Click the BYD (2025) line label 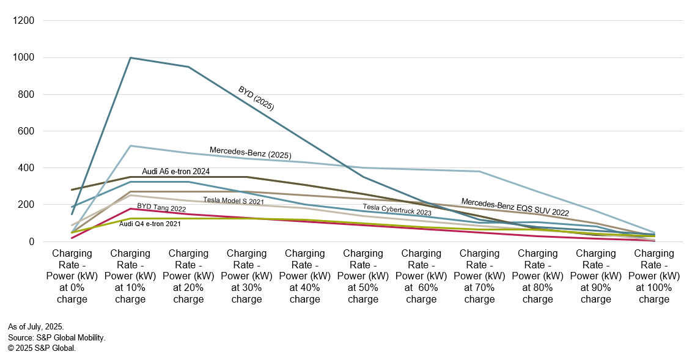pos(256,98)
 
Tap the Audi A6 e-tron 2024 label pos(176,171)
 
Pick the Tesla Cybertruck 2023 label pos(397,210)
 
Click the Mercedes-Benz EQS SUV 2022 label pos(515,207)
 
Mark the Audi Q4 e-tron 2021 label pos(150,224)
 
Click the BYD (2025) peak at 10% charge pos(130,58)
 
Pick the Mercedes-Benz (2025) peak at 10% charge pos(130,145)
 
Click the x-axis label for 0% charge pos(72,276)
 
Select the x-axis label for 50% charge pos(363,276)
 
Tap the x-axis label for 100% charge pos(654,276)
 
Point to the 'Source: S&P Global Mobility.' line pos(56,337)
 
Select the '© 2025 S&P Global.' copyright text pos(42,348)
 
